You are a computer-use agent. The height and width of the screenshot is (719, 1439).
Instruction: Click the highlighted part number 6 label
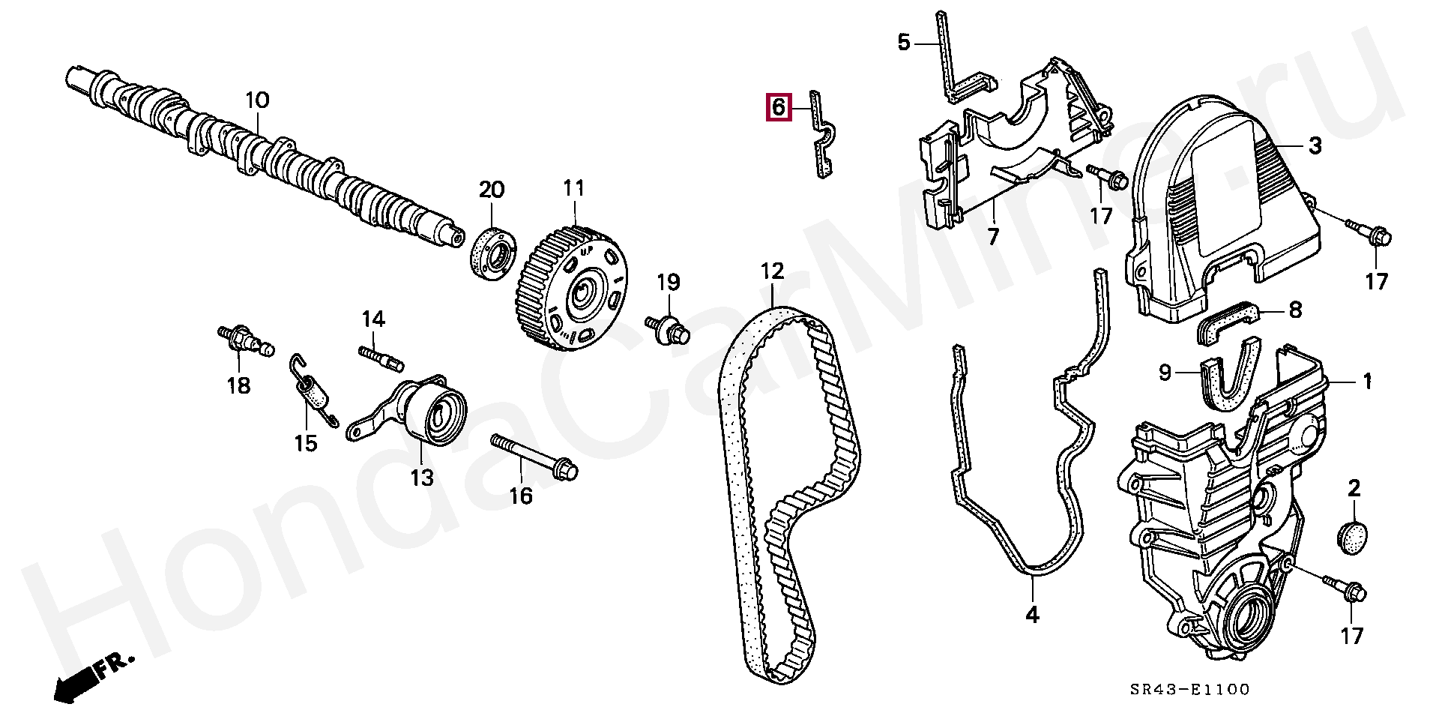pos(778,107)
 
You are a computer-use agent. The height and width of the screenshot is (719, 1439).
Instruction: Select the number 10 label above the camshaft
pos(256,100)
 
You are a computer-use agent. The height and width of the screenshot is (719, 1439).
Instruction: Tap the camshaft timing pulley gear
pos(573,289)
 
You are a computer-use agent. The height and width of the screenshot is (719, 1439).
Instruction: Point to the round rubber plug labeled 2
pos(1353,537)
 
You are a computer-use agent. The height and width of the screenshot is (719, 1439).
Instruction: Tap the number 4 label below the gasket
pos(1032,615)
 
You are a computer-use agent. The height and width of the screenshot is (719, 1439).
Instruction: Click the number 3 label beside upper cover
pos(1315,145)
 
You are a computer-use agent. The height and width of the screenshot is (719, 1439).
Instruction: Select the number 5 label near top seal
pos(904,42)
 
